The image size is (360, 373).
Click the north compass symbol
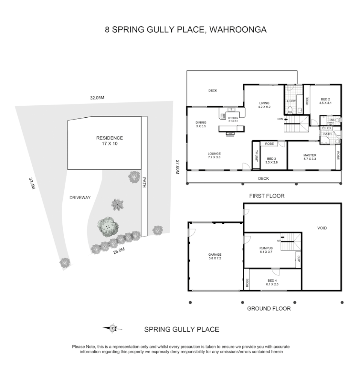point(112,329)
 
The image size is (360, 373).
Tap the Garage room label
point(215,256)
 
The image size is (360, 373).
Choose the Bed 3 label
point(272,161)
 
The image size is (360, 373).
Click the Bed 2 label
point(325,100)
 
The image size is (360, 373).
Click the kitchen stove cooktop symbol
point(222,116)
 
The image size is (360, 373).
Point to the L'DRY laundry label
point(291,101)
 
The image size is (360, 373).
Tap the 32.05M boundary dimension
point(97,98)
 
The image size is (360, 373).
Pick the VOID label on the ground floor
point(322,228)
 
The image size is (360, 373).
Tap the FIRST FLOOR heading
point(267,196)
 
